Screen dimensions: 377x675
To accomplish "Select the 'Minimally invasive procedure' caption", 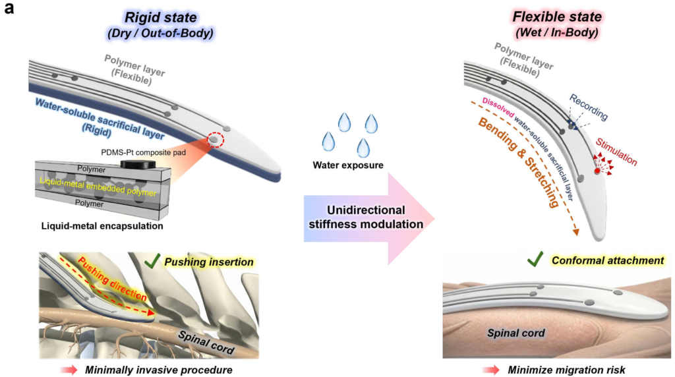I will click(158, 369).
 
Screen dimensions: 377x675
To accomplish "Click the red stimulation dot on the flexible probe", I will click(597, 170).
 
